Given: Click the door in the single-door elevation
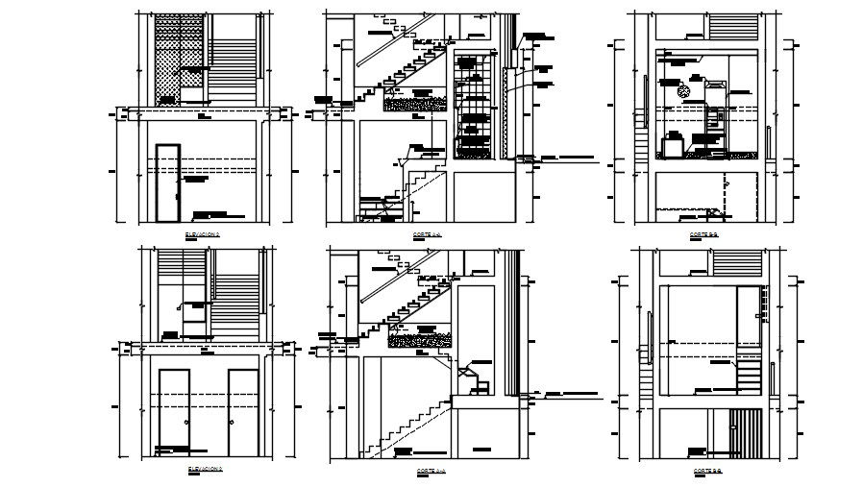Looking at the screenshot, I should (x=167, y=183).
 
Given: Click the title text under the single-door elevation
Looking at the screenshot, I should (x=204, y=233).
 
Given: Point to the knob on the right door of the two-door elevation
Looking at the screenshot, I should (x=232, y=423).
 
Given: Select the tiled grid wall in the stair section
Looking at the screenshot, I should (x=476, y=106).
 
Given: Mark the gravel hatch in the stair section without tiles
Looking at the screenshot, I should (x=420, y=339).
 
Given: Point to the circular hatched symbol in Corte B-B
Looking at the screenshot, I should (x=683, y=91).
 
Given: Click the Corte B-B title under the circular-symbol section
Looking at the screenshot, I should (x=705, y=233).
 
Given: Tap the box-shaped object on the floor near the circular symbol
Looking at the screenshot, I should (x=669, y=147).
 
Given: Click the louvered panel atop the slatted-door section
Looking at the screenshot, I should (x=738, y=261).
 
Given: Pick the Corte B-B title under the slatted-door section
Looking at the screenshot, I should (x=706, y=471).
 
